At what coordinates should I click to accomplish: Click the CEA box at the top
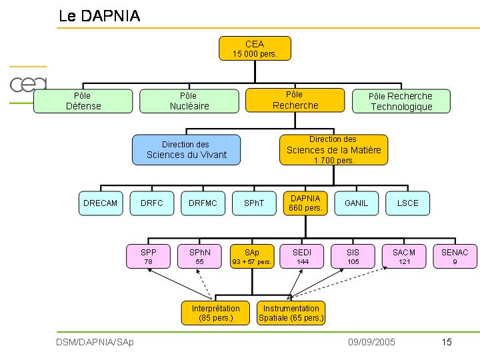255,49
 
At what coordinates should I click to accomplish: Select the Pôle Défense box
83,101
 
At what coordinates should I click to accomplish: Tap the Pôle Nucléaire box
189,101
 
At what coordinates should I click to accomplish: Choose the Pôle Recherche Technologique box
401,101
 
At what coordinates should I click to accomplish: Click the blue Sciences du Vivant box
186,150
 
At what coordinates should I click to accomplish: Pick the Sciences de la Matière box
333,150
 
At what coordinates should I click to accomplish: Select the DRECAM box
101,203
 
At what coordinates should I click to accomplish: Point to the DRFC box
152,203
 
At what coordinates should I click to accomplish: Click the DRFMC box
203,203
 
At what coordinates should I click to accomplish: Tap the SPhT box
254,203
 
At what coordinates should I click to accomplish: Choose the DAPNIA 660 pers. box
305,203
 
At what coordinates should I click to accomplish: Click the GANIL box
356,203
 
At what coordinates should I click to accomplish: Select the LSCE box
407,203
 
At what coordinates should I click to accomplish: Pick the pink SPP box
148,257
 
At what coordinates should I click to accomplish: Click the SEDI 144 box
301,257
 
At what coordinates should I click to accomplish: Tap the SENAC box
455,257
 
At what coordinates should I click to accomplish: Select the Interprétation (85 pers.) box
215,313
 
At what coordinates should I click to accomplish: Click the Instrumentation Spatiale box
291,313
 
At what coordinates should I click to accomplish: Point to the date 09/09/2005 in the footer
371,342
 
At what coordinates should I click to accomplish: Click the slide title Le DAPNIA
99,17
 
